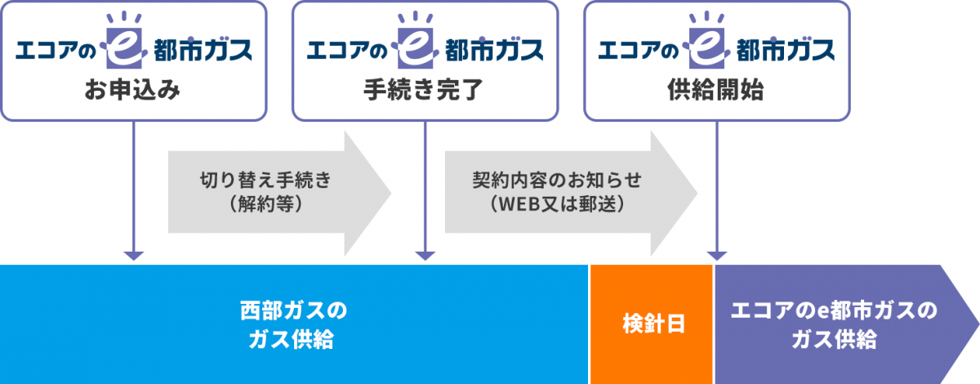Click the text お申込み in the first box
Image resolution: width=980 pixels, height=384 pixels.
(x=133, y=92)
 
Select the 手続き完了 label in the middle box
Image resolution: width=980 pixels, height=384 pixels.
(x=425, y=92)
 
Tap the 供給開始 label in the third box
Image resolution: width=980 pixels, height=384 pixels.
(x=715, y=92)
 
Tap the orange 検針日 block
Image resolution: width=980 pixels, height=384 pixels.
(x=651, y=324)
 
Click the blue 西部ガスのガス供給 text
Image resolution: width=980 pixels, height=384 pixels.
(x=293, y=324)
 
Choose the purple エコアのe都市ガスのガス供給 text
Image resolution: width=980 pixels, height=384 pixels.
(x=833, y=324)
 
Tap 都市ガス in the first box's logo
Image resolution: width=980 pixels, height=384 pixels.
(x=202, y=51)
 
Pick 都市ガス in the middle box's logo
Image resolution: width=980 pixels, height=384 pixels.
(x=493, y=51)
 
